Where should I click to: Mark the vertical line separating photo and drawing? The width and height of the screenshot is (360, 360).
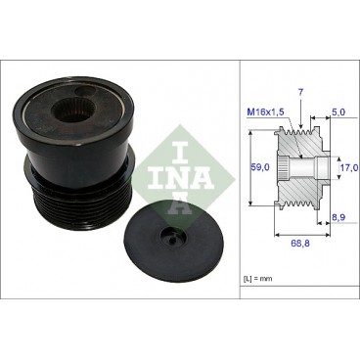click(241, 176)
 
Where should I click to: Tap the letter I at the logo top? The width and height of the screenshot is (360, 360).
click(172, 126)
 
